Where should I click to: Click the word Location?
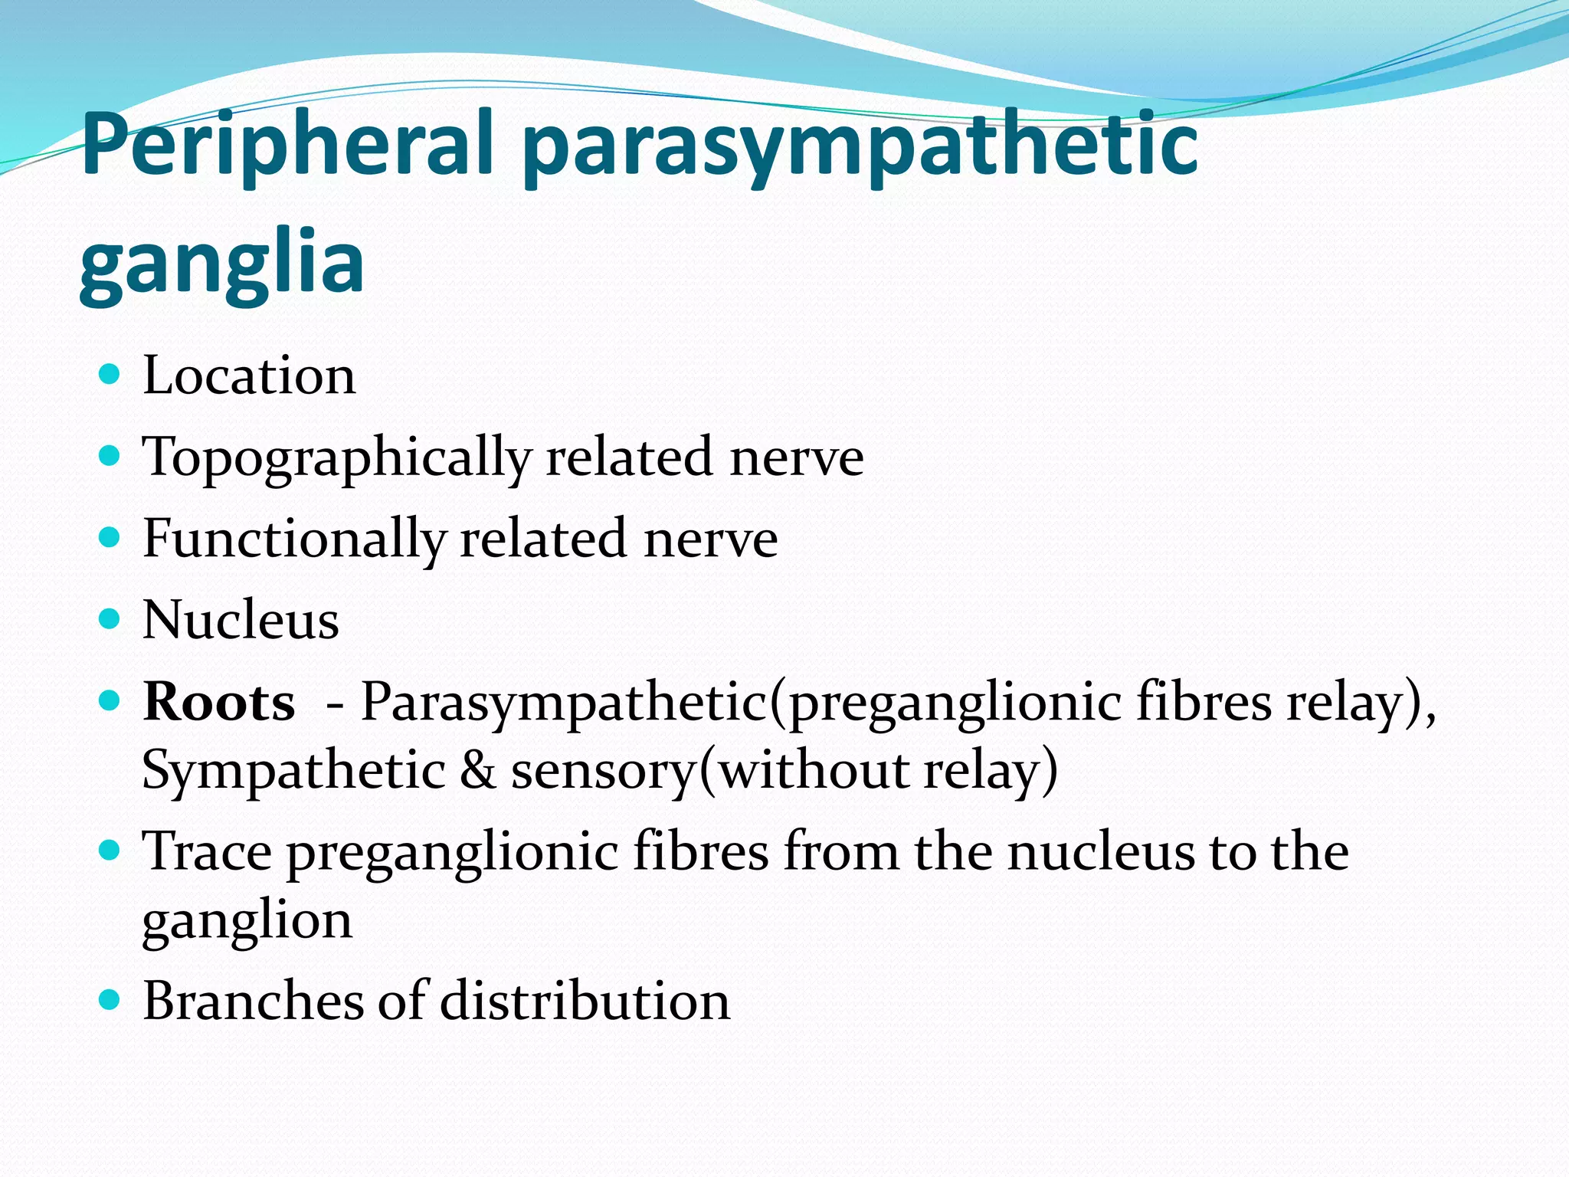pos(249,375)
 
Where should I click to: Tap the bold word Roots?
pos(219,701)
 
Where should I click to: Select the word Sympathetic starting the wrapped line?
pos(293,770)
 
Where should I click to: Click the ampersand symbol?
pos(478,769)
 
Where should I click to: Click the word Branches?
pos(253,1000)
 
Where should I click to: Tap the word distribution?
pos(585,1000)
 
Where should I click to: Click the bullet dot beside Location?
pos(110,374)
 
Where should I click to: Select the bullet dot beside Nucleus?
pos(110,618)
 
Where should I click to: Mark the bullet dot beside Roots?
pos(110,700)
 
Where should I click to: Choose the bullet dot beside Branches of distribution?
pos(110,999)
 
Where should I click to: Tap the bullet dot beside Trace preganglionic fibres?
pos(110,850)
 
